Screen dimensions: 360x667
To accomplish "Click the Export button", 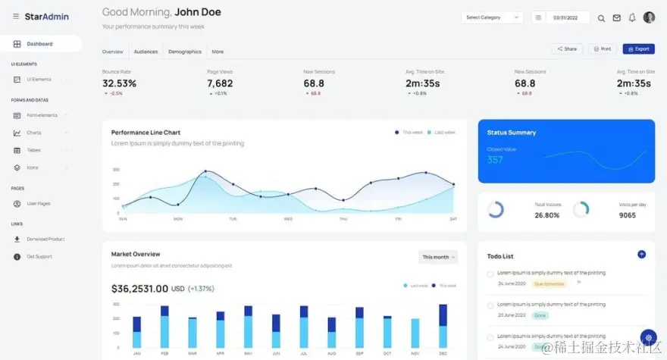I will point(638,49).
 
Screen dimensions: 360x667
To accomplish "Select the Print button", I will point(602,49).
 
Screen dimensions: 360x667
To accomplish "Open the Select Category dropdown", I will point(492,17).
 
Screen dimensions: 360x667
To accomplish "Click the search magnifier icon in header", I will point(601,17).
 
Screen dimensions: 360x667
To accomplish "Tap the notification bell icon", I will point(632,17).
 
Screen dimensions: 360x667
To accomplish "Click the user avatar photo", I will point(649,17).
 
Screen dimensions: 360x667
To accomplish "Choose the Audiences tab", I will point(146,52).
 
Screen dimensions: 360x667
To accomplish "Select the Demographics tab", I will point(185,52).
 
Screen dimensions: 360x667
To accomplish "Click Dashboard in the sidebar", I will point(39,44).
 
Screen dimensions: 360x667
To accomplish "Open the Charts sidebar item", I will point(34,133).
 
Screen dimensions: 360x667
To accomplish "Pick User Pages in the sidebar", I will point(39,203).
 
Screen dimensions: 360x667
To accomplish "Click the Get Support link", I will point(39,256).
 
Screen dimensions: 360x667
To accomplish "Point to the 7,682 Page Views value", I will point(220,83).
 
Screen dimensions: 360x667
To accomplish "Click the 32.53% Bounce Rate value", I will point(119,83).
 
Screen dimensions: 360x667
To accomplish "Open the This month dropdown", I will point(438,257).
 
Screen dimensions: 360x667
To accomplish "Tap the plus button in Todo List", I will point(641,254).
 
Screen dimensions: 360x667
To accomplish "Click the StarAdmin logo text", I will point(46,16).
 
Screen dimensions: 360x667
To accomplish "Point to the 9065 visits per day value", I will point(627,215).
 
